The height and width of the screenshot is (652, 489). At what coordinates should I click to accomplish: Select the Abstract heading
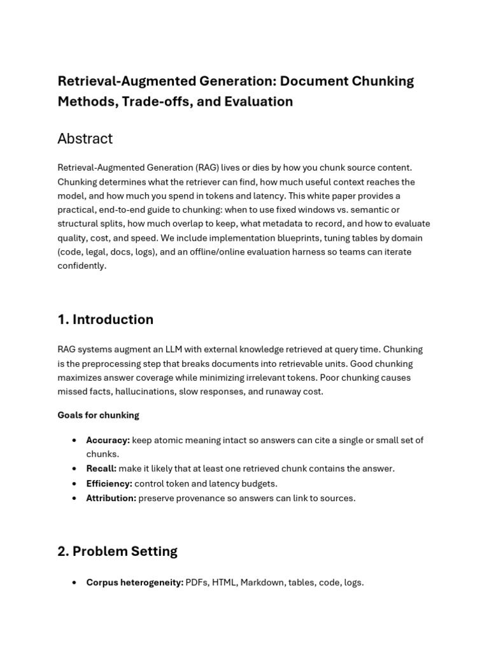[x=85, y=139]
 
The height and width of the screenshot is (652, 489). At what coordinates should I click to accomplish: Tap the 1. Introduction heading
[x=105, y=320]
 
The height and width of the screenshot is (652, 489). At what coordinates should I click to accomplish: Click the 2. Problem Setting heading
[x=117, y=551]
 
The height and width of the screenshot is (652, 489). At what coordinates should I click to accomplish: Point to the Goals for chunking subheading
[x=98, y=415]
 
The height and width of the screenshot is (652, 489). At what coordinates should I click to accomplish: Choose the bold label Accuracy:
[x=108, y=440]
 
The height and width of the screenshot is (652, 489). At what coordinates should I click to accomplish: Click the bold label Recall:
[x=101, y=469]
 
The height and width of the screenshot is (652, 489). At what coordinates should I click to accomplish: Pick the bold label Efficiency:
[x=109, y=483]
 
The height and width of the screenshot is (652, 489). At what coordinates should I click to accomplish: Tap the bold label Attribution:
[x=111, y=498]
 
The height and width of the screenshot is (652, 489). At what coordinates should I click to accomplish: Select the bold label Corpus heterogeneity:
[x=134, y=583]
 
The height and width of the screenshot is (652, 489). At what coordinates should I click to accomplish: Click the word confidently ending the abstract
[x=81, y=266]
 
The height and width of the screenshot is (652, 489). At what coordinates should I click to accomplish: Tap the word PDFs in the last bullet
[x=197, y=583]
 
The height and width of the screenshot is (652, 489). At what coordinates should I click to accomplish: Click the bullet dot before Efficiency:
[x=74, y=484]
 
